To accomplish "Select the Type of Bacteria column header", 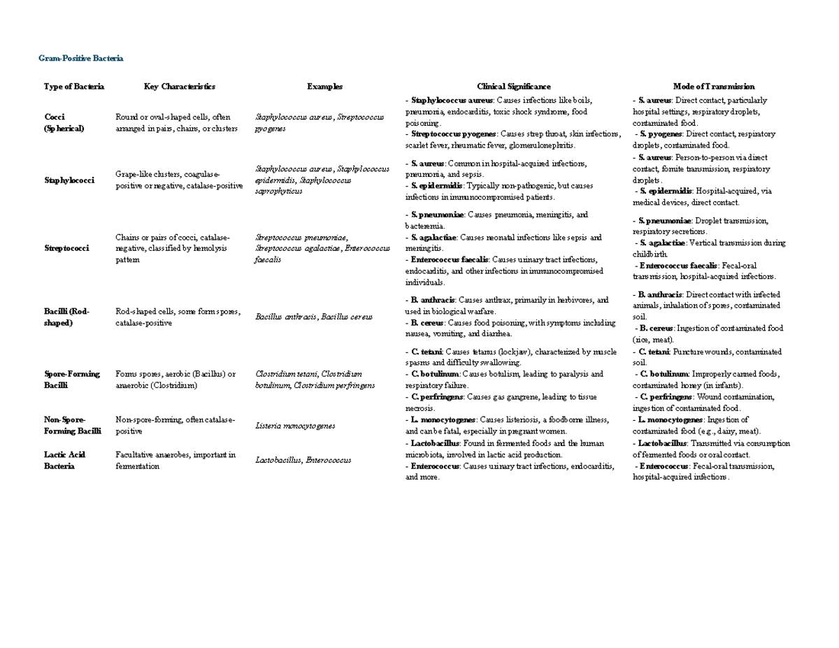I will (x=73, y=87).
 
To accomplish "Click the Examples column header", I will (x=324, y=87).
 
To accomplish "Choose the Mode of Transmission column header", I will (x=713, y=87).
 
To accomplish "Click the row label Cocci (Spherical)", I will (x=64, y=122).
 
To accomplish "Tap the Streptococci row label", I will (x=66, y=248).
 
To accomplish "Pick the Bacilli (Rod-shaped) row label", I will (x=67, y=316).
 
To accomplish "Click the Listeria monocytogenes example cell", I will (x=295, y=425).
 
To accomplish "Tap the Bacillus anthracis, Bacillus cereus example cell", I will (x=313, y=317).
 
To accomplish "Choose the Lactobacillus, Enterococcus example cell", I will (x=303, y=460).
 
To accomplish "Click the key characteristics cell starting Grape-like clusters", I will (x=179, y=180).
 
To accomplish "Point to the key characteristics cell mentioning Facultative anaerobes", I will (x=175, y=460).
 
